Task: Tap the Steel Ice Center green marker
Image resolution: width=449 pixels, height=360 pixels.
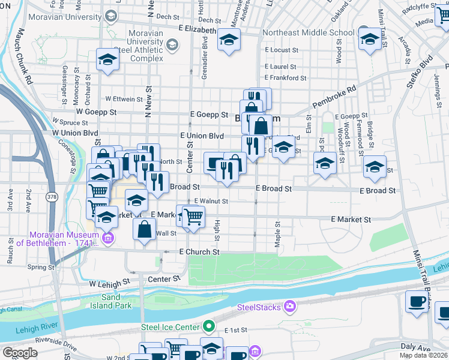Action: coord(209,327)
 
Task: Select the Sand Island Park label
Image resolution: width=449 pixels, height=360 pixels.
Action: coord(116,301)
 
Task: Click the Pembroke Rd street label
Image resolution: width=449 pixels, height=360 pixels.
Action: coord(334,96)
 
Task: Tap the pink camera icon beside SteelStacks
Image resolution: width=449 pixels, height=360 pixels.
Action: coord(290,307)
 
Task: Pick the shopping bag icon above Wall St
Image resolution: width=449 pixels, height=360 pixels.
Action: coord(145,229)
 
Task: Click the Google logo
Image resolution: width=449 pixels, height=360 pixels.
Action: coord(20,353)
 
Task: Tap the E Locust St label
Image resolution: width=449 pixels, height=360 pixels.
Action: coord(282,50)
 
